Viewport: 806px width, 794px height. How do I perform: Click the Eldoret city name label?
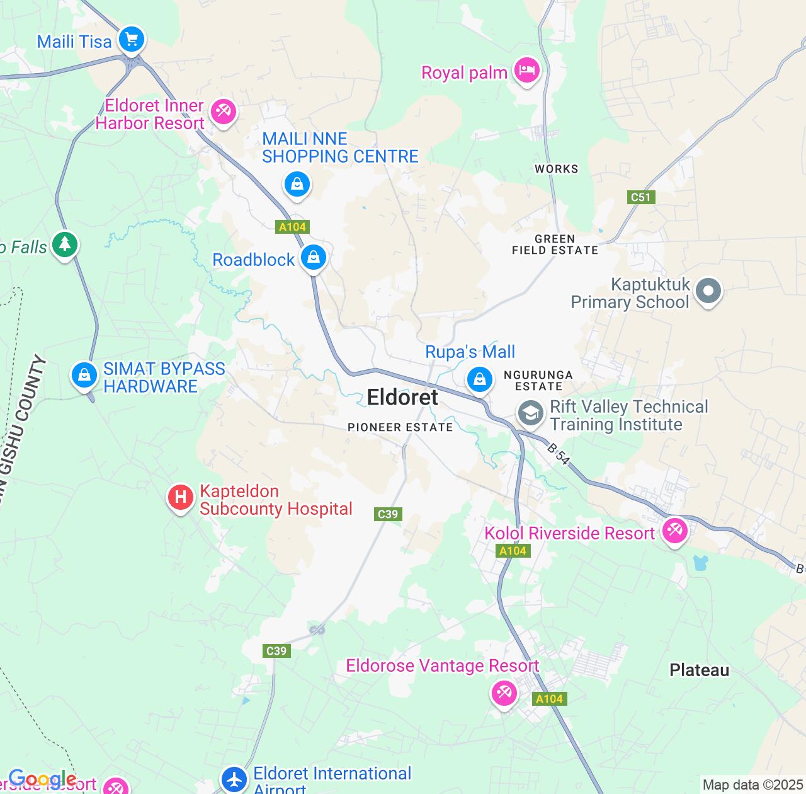[402, 398]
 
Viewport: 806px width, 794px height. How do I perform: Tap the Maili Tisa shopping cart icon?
[132, 40]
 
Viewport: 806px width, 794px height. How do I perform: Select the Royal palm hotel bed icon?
[527, 71]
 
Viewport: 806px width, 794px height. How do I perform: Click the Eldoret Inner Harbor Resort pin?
[222, 112]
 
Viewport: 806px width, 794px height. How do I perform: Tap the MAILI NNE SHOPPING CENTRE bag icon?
[297, 185]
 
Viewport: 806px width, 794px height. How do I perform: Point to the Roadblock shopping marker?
[313, 257]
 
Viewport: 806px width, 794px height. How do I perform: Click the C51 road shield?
[640, 197]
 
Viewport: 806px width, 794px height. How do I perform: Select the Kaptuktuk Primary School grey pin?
[708, 291]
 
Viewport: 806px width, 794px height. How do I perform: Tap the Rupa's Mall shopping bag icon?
[480, 379]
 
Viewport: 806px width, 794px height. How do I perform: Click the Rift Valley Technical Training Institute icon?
[531, 414]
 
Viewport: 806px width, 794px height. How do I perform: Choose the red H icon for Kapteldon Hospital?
[181, 498]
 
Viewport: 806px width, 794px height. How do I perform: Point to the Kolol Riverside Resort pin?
[674, 531]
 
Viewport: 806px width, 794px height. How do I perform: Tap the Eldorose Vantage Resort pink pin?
[504, 694]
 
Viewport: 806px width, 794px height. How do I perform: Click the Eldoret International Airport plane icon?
[234, 779]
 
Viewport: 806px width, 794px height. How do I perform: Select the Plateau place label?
[699, 670]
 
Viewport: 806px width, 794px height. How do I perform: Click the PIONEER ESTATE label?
[400, 427]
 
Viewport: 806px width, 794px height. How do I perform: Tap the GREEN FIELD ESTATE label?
[555, 245]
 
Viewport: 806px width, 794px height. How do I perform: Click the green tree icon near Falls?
[64, 244]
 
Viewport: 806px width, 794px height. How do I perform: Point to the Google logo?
[42, 780]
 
